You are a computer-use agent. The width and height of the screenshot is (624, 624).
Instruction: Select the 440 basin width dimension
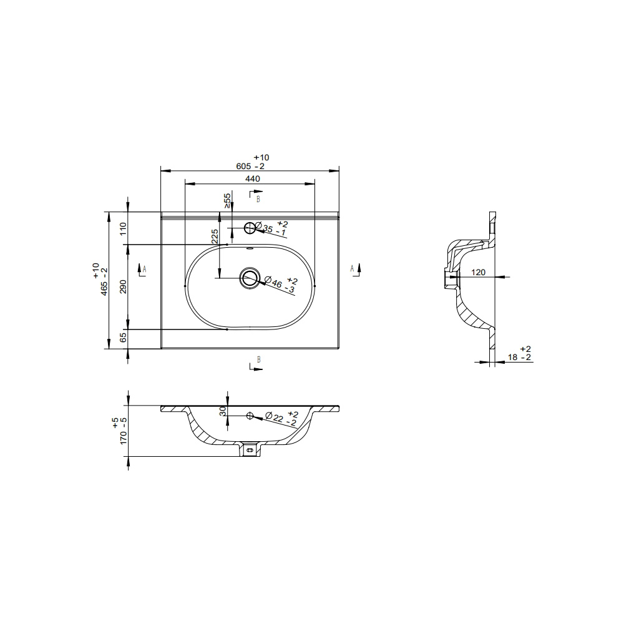click(253, 178)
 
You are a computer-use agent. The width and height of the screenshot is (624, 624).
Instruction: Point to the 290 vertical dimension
click(123, 286)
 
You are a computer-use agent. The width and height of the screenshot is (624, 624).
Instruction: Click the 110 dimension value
click(123, 229)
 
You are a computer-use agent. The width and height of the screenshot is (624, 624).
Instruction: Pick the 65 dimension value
click(123, 337)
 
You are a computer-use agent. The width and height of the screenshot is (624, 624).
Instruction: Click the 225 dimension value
click(215, 236)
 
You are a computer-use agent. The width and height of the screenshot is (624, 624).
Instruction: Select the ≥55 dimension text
click(227, 201)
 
